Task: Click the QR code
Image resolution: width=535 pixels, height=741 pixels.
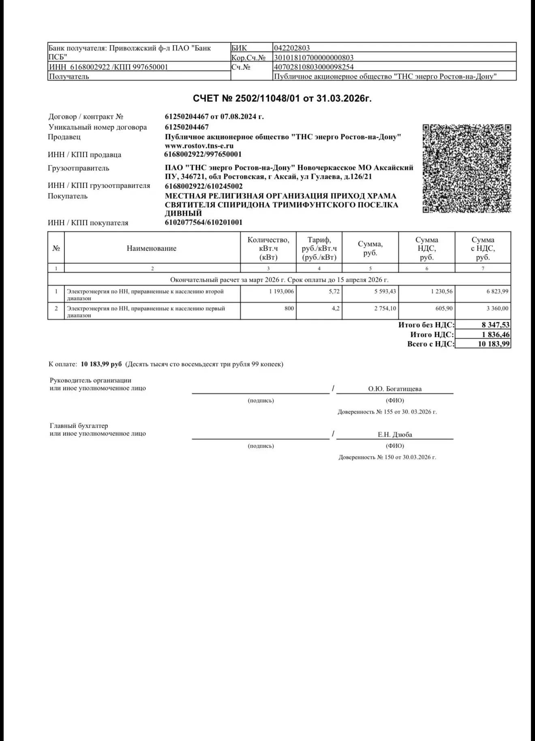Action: point(467,168)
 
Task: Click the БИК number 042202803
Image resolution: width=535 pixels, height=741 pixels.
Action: point(292,48)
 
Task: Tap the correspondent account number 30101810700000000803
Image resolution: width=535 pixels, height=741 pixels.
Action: point(314,58)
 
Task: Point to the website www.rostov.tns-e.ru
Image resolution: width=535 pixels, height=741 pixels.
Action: point(199,146)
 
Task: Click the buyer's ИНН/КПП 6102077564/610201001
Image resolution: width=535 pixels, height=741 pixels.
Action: point(203,222)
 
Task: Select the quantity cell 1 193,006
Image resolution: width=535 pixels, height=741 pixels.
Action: point(282,291)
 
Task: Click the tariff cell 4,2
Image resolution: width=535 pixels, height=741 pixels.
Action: point(336,308)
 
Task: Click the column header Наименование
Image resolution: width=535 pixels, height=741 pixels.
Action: point(152,248)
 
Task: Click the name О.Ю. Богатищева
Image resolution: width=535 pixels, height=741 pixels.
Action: point(395,389)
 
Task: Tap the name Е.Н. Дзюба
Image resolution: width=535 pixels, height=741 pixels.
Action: point(395,434)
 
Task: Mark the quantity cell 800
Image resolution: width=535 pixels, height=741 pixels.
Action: point(289,308)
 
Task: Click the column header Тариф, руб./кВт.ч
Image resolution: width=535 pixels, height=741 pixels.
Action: point(319,248)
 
